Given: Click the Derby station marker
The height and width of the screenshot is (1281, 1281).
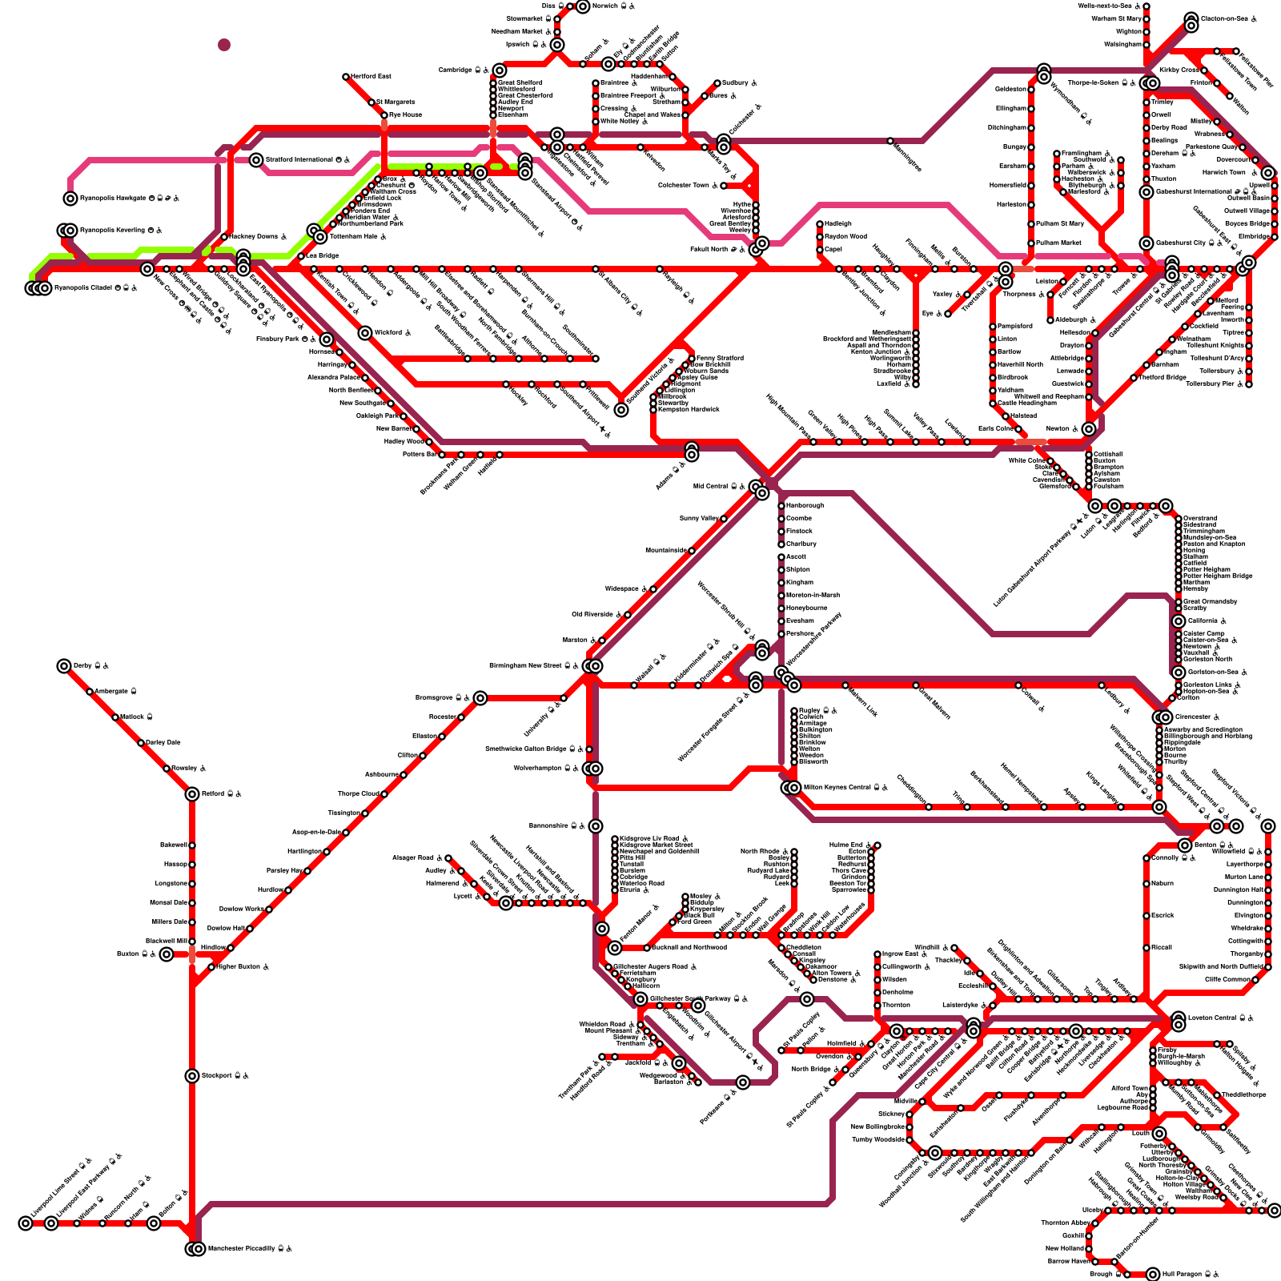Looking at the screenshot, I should point(64,666).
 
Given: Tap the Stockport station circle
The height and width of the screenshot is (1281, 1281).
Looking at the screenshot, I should point(192,1076).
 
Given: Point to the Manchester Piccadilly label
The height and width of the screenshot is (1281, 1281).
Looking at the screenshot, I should point(245,1249).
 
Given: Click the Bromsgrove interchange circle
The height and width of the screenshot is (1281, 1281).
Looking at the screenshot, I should point(480,698).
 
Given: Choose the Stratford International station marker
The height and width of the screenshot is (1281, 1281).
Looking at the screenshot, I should point(256,160).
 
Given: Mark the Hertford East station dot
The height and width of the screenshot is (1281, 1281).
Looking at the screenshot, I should point(346,77).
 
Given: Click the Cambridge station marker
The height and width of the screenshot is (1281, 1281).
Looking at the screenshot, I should point(500,70).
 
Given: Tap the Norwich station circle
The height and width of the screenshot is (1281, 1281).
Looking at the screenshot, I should point(583,6).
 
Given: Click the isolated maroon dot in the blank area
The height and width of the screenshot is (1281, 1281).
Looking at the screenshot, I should point(224,45).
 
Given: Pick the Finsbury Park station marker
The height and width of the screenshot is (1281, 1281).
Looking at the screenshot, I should point(327,339).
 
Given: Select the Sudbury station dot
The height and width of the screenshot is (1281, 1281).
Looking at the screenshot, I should point(717,83).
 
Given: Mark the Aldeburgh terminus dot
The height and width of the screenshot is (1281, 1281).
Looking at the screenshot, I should point(1050,320).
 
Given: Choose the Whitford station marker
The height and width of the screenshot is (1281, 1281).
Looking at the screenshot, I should point(365,333).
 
